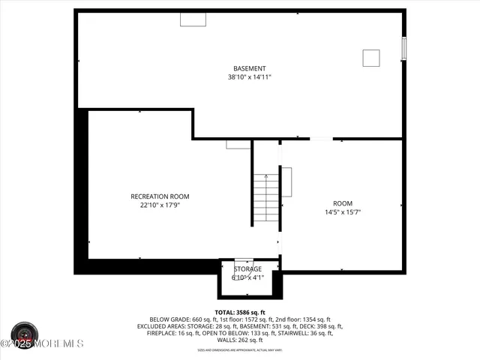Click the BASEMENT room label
pos(250,68)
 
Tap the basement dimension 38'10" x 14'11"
pos(250,76)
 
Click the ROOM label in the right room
pos(342,203)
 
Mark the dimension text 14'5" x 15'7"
pos(342,211)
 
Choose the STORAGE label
pos(247,268)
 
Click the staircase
pos(265,198)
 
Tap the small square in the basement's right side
pos(371,58)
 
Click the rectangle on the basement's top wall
pos(193,19)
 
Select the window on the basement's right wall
pos(404,48)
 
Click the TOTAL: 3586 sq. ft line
pos(240,312)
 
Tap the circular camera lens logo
pos(25,332)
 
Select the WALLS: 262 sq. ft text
pos(240,340)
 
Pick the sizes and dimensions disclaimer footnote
pos(240,349)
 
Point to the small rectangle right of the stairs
pos(286,181)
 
